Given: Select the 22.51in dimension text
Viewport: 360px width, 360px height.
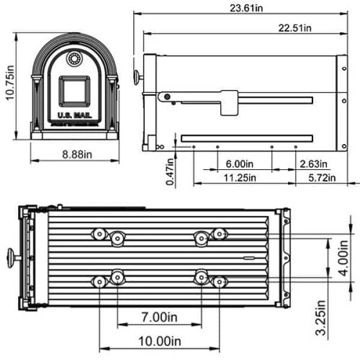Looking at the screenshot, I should (x=295, y=28).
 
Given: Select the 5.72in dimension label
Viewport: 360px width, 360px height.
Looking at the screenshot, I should (x=318, y=178).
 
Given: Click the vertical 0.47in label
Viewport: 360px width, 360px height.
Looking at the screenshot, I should (x=171, y=170).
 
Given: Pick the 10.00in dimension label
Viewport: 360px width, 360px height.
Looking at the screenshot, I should (x=160, y=341).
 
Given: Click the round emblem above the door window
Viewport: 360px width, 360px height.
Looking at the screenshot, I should (x=74, y=59).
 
